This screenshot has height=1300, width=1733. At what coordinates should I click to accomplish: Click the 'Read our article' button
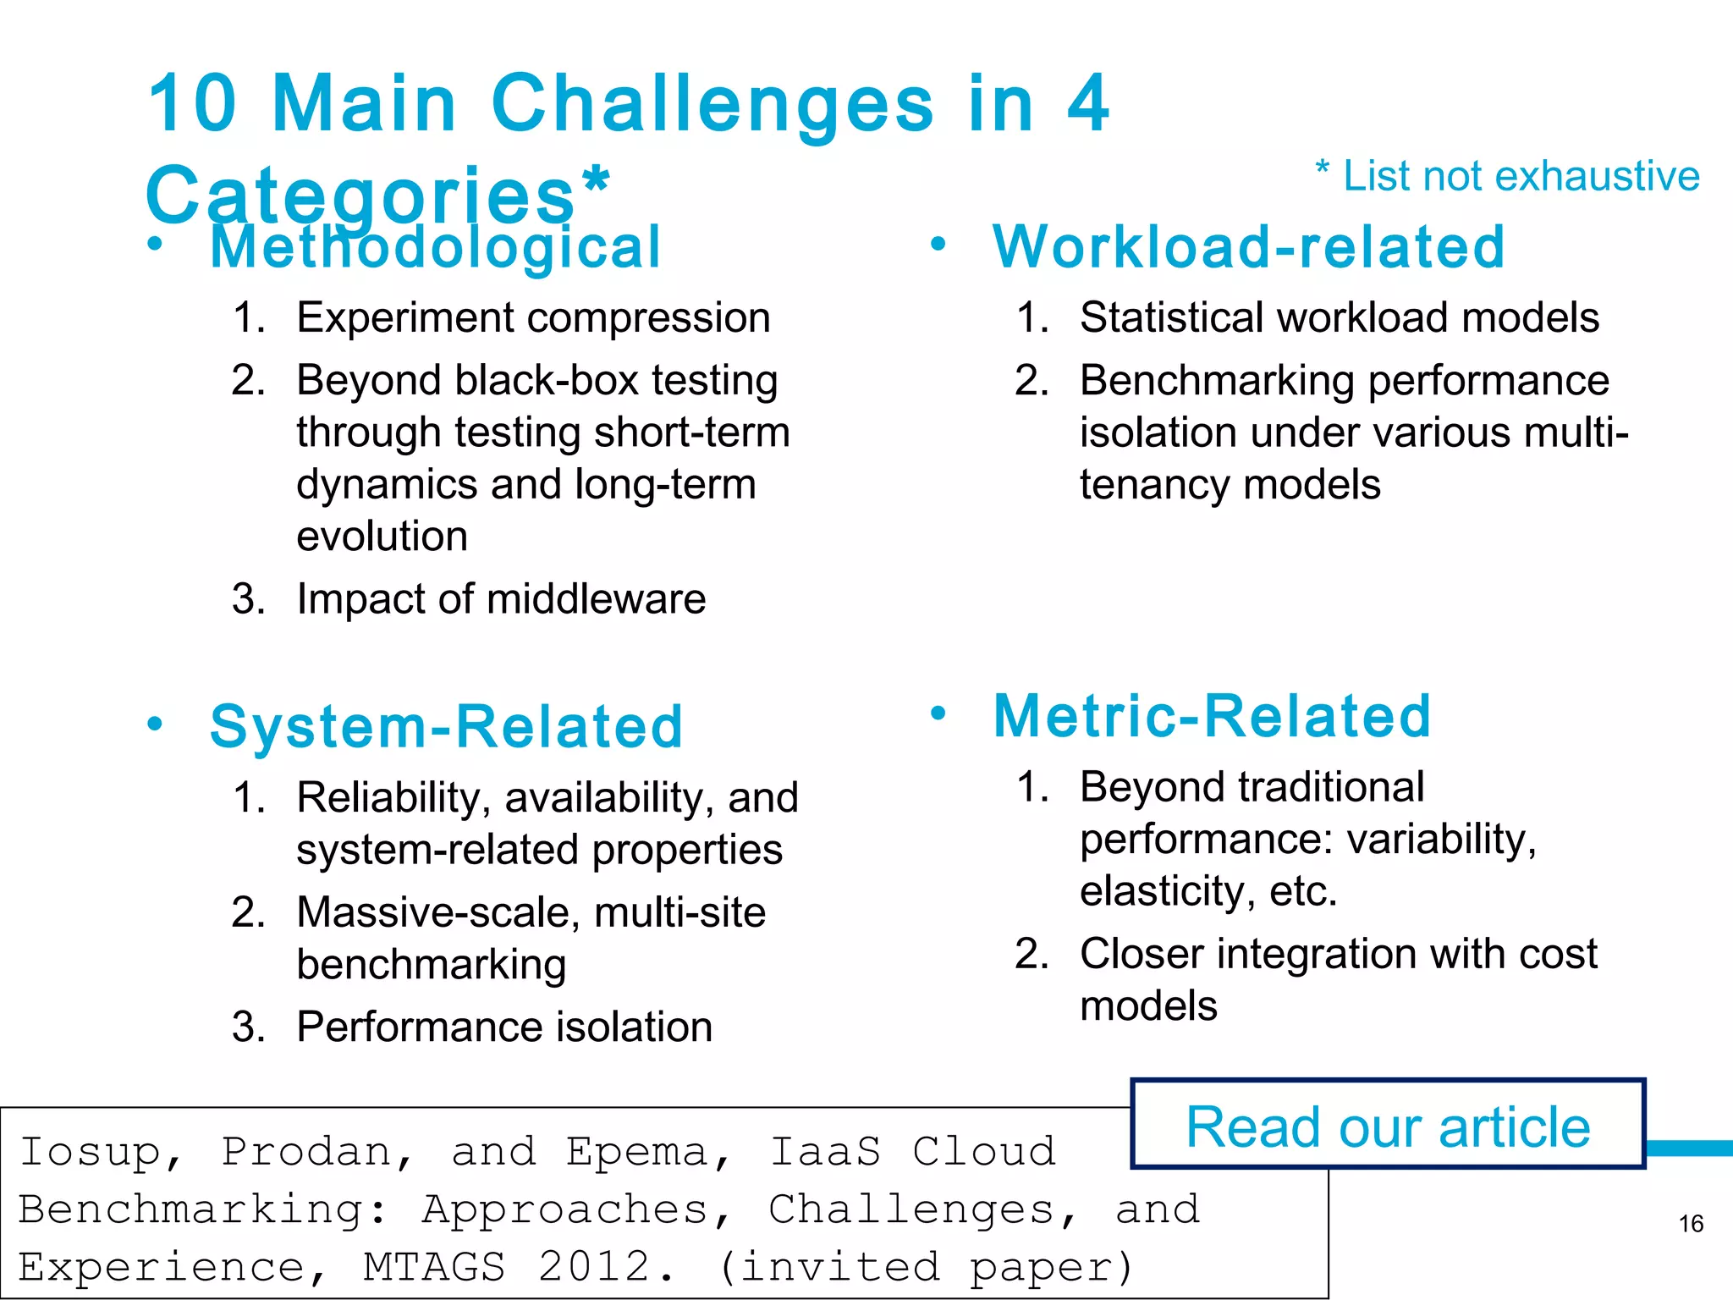pyautogui.click(x=1388, y=1126)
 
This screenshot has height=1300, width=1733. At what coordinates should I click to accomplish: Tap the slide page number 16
pyautogui.click(x=1691, y=1224)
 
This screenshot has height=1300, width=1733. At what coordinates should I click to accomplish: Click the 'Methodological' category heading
pyautogui.click(x=435, y=248)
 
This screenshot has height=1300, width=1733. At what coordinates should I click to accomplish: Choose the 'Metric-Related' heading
pyautogui.click(x=1212, y=716)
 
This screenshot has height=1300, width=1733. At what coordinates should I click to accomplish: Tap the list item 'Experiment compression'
pyautogui.click(x=533, y=318)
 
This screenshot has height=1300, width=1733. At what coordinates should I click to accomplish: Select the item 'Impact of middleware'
pyautogui.click(x=501, y=599)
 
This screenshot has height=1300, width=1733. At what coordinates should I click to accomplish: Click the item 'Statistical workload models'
pyautogui.click(x=1340, y=318)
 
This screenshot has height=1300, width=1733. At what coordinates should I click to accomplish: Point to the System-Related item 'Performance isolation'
pyautogui.click(x=504, y=1027)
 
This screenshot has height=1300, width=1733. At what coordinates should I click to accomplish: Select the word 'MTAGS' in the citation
pyautogui.click(x=434, y=1267)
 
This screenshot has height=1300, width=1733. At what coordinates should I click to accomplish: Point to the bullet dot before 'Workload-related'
pyautogui.click(x=938, y=245)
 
